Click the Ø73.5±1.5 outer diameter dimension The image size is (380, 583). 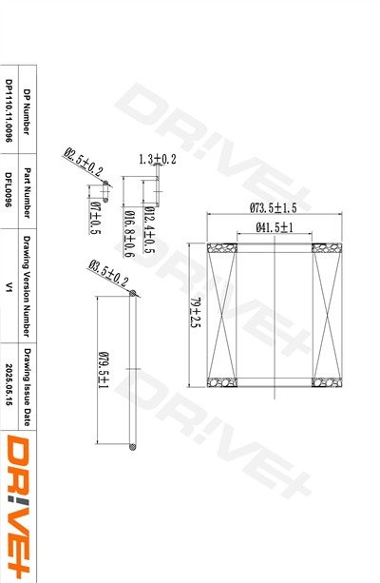274,206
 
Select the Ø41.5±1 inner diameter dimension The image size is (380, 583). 274,227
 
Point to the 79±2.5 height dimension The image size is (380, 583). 196,313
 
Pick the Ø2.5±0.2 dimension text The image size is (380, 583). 83,163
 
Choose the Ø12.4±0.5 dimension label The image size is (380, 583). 149,227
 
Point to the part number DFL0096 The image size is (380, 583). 9,187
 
